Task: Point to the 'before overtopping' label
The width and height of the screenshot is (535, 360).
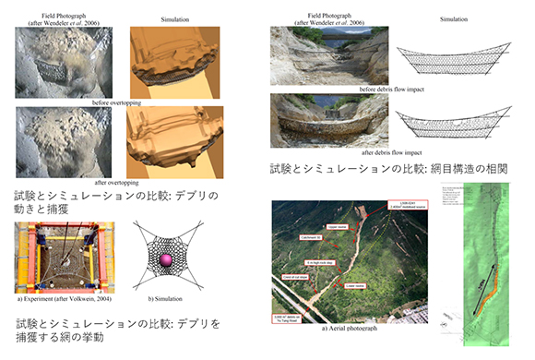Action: pyautogui.click(x=116, y=102)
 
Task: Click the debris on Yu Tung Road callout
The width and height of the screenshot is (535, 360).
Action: pyautogui.click(x=291, y=317)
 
